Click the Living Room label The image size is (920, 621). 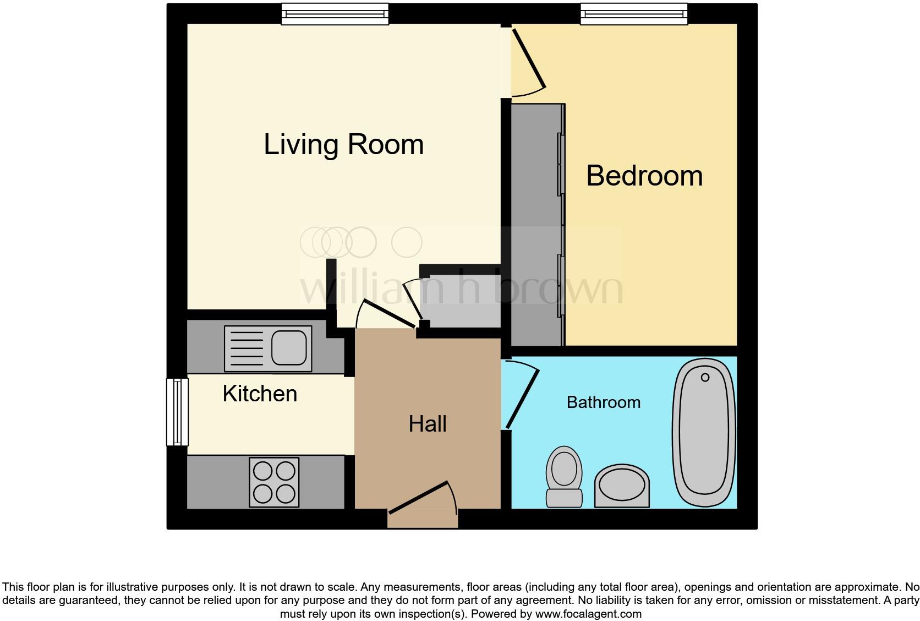[343, 145]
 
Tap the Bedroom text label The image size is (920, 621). [644, 176]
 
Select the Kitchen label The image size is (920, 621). [260, 394]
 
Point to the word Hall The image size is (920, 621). [428, 424]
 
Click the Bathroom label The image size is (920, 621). [604, 402]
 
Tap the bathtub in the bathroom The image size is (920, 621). [704, 432]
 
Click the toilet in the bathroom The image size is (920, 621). [564, 476]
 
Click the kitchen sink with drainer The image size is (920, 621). [268, 348]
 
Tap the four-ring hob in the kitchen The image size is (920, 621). [274, 482]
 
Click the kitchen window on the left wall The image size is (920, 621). [177, 411]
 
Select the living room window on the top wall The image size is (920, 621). [335, 14]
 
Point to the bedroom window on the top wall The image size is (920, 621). [634, 14]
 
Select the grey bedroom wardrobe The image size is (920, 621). [536, 225]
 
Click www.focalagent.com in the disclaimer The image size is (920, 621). [588, 613]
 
